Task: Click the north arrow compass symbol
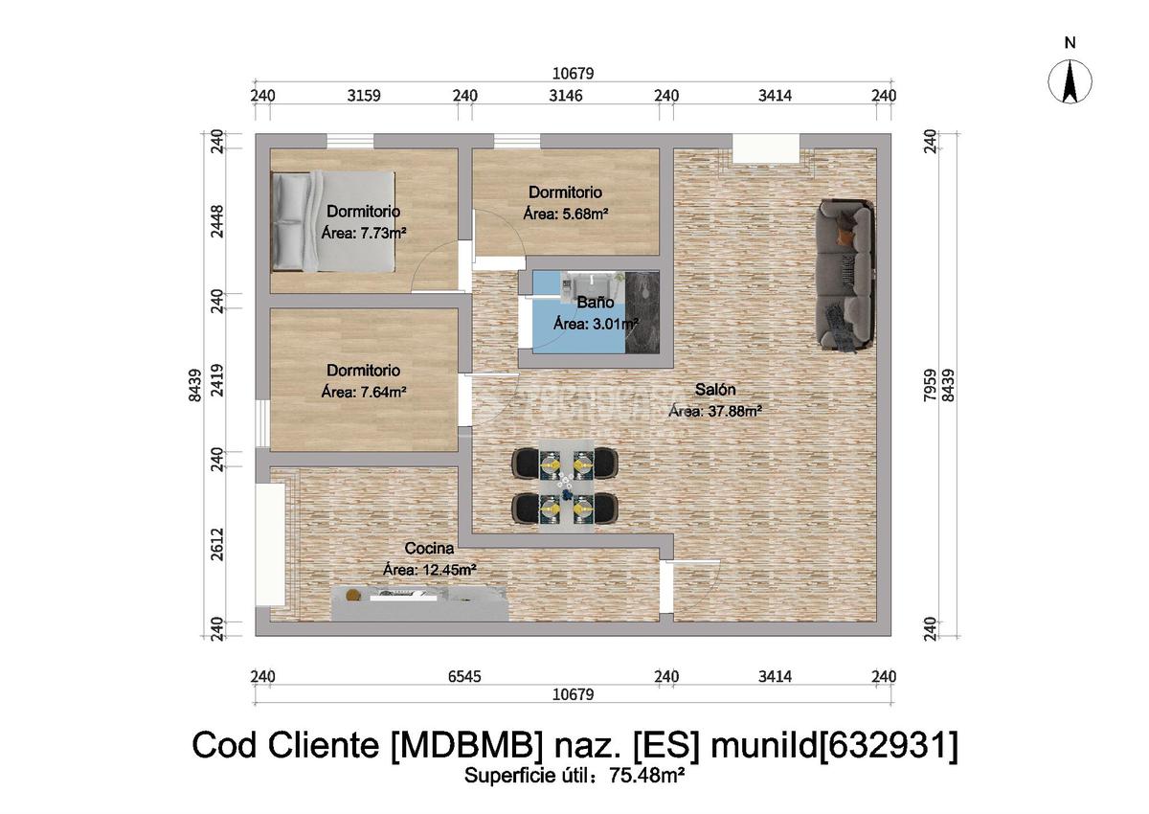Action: [1070, 80]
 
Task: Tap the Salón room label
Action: [715, 391]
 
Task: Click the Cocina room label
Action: [429, 549]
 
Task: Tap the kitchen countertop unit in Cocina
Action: [419, 603]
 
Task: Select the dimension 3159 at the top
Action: [363, 95]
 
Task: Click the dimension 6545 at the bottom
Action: [464, 677]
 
